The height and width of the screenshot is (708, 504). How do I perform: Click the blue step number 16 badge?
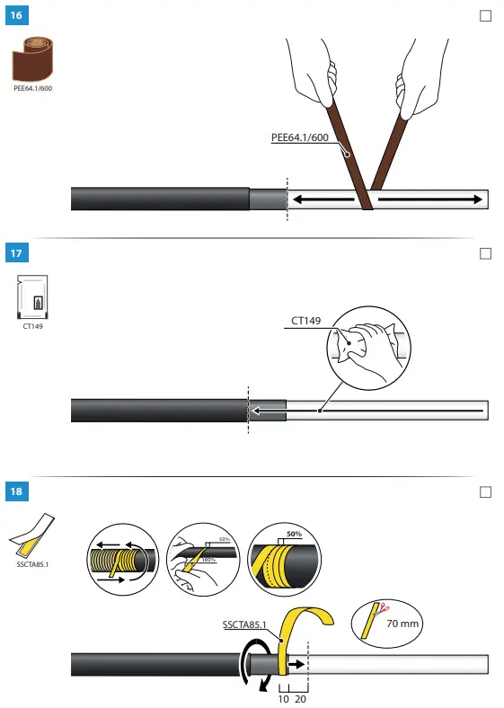tap(16, 16)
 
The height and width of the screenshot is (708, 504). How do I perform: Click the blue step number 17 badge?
tap(16, 253)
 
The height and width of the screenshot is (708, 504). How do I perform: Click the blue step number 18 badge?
tap(16, 491)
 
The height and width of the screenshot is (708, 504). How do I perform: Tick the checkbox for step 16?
tap(486, 16)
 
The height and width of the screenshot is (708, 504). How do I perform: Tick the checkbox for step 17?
tap(486, 253)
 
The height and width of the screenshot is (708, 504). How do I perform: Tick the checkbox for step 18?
tap(486, 491)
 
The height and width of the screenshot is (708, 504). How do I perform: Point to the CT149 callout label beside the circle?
tap(305, 319)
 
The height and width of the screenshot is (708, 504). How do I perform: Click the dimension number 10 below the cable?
tap(284, 698)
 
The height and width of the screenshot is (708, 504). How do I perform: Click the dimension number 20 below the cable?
tap(301, 698)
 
